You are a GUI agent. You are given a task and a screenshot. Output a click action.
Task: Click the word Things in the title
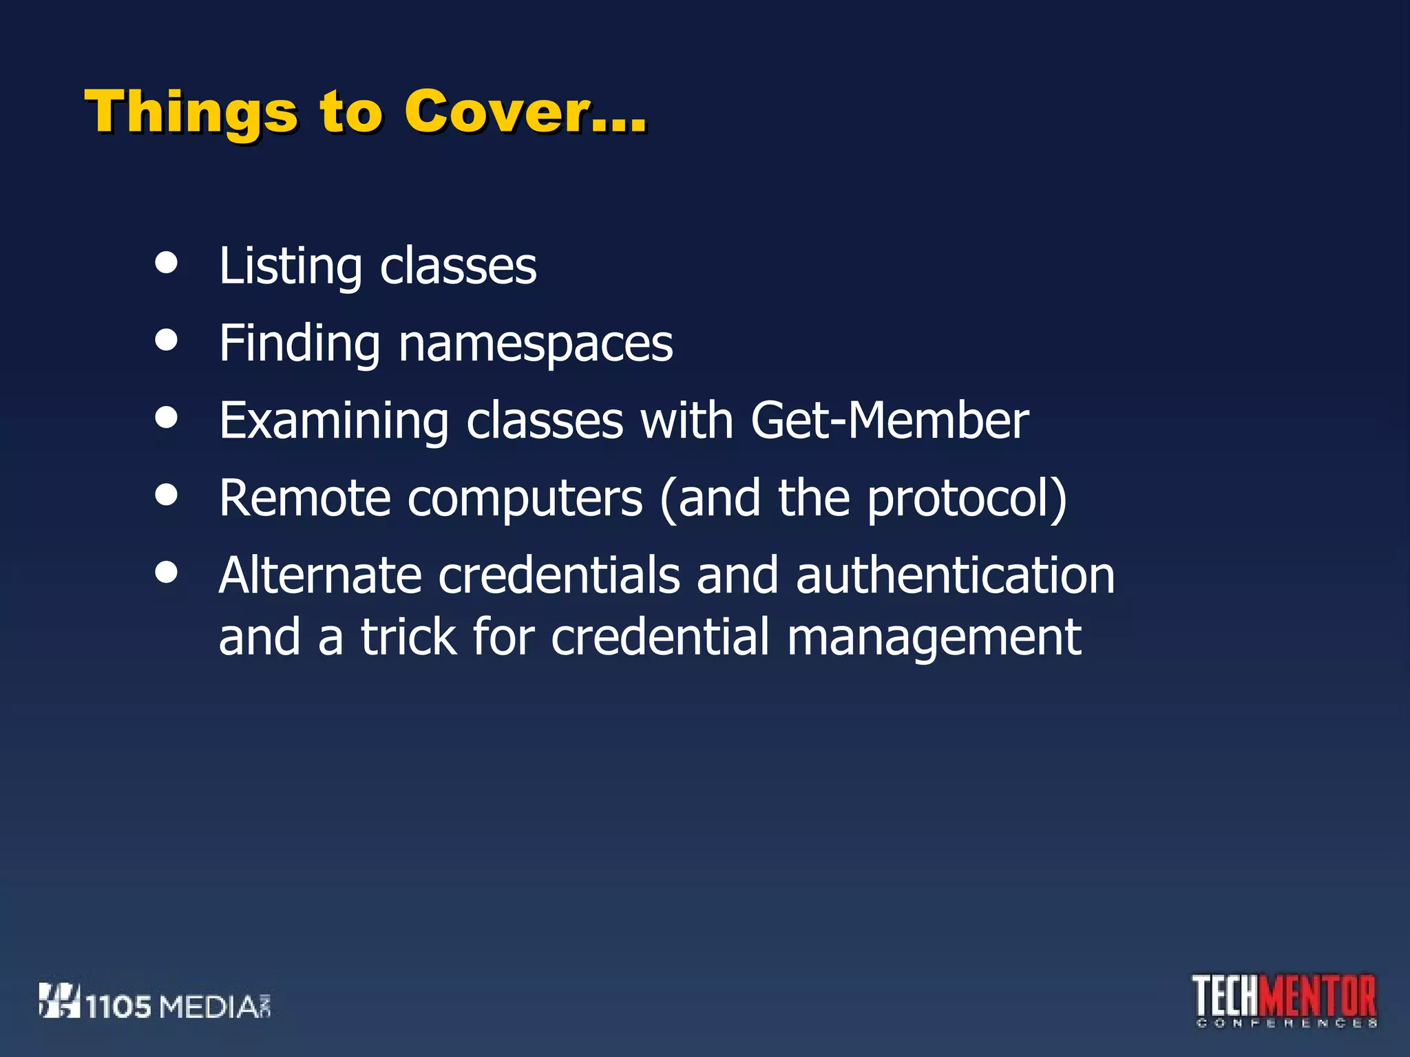[x=191, y=112]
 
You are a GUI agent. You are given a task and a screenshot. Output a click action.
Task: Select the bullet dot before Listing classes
[x=166, y=262]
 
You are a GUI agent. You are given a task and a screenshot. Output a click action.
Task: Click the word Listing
[x=290, y=266]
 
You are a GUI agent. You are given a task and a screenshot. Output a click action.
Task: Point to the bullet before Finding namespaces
[x=166, y=339]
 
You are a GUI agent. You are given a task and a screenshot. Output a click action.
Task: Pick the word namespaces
[x=535, y=343]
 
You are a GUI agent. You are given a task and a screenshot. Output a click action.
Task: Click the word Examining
[x=334, y=421]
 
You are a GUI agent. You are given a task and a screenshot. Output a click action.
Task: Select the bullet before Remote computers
[x=166, y=493]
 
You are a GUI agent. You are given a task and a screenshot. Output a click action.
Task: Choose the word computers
[x=525, y=499]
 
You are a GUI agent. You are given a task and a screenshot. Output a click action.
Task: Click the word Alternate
[x=319, y=575]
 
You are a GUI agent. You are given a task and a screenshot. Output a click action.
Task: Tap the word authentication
[x=955, y=575]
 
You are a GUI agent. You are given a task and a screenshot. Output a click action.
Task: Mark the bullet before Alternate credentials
[x=166, y=571]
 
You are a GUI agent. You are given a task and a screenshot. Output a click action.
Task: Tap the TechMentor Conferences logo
[x=1285, y=1001]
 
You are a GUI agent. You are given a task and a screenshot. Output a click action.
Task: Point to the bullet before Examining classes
[x=166, y=416]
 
